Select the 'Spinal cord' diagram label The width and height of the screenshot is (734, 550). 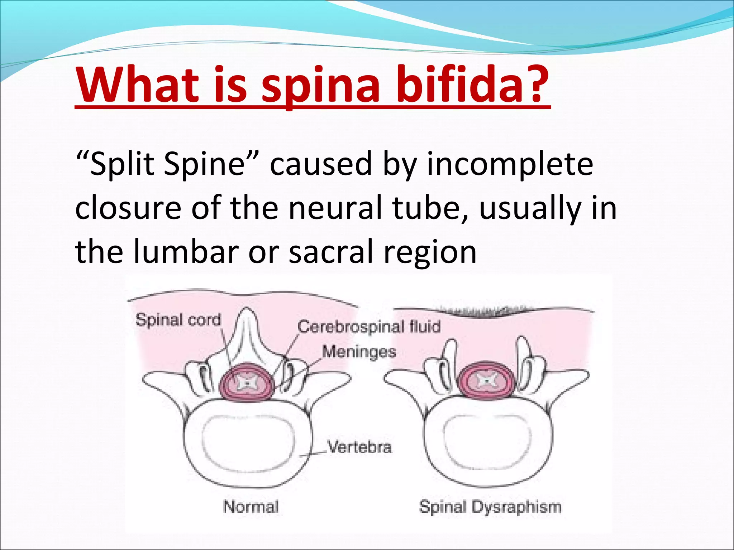(178, 319)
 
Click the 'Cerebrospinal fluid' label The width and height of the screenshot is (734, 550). (369, 327)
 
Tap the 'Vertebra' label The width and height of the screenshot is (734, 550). (360, 447)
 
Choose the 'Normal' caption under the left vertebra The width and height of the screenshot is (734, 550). (251, 507)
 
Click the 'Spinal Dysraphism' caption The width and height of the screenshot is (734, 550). (490, 507)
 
